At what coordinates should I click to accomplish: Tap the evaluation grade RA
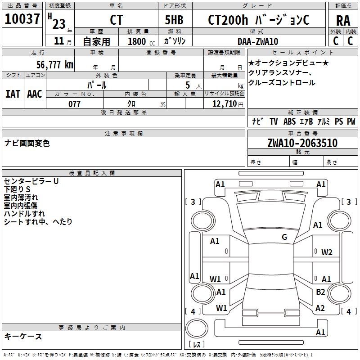coord(343,20)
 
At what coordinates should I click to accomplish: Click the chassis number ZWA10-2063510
coord(302,144)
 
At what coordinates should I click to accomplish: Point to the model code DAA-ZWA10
coord(258,41)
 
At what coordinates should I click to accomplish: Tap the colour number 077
coord(74,104)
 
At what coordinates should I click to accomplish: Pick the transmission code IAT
coord(13,94)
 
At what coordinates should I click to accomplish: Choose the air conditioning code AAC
coord(35,94)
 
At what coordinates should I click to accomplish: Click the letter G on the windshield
coord(284,237)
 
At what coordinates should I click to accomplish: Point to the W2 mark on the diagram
coord(327,252)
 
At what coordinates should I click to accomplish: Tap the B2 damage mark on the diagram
coord(320,292)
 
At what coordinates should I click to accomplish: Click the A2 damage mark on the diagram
coord(320,308)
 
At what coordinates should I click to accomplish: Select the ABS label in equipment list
coord(289,121)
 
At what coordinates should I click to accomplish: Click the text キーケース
coord(23,336)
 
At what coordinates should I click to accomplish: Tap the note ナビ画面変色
coord(27,143)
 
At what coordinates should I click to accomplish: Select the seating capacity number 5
coord(187,85)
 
